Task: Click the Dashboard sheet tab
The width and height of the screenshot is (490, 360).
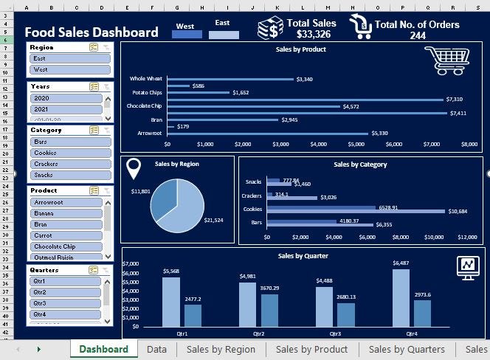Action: point(103,349)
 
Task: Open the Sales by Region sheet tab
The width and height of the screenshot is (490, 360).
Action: point(221,349)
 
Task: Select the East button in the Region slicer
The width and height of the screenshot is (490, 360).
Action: point(69,58)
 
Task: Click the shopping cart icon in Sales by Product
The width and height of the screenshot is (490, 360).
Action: point(446,60)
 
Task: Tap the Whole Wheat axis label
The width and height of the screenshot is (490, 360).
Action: point(147,79)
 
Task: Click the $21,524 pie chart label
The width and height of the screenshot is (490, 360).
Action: point(213,220)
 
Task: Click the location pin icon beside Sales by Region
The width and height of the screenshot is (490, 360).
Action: point(134,169)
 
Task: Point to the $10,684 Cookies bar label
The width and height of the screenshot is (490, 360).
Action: point(458,212)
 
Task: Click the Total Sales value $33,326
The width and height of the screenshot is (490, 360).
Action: point(314,35)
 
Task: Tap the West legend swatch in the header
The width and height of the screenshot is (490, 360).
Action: point(186,35)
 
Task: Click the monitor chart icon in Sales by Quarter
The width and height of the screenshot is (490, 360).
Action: point(468,267)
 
